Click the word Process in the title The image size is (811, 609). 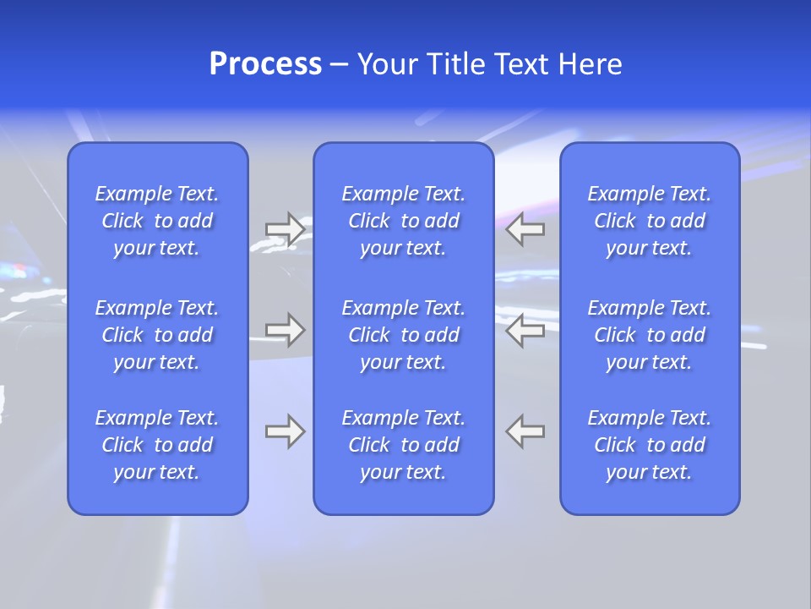tap(265, 64)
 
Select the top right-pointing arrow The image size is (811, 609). tap(285, 228)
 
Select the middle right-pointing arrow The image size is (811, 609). tap(285, 330)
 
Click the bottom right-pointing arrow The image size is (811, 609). tap(285, 431)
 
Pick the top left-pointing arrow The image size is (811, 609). tap(525, 228)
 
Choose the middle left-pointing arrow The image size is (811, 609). tap(525, 330)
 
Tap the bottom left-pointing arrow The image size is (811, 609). tap(525, 431)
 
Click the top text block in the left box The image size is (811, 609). tap(157, 221)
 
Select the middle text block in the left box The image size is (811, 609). tap(157, 335)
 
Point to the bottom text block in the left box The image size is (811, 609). tap(157, 445)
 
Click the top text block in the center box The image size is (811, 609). tap(403, 221)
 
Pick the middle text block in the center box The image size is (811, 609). tap(403, 335)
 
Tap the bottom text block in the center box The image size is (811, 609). tap(403, 445)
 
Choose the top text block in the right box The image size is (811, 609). tap(649, 221)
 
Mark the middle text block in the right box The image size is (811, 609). tap(649, 335)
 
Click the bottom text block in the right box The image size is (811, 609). tap(649, 445)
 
